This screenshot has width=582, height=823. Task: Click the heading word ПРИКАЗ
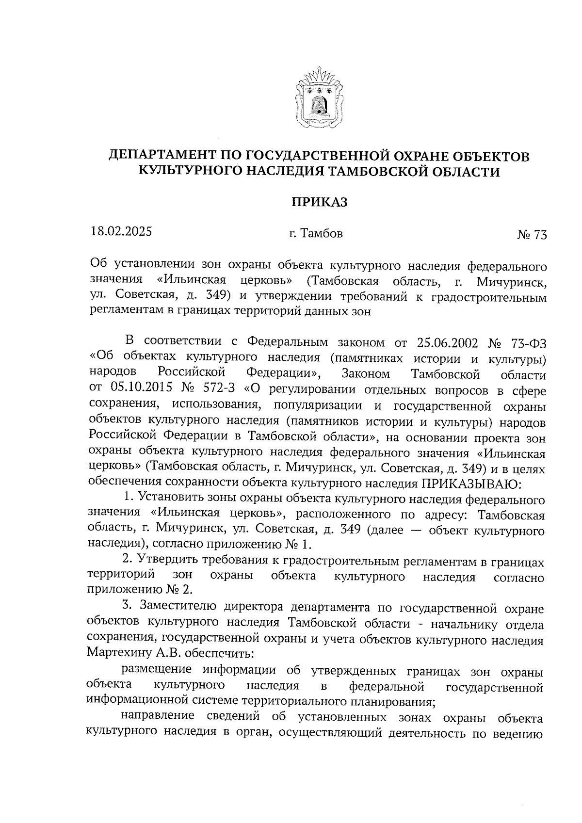tap(319, 202)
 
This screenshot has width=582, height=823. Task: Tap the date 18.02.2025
tap(121, 231)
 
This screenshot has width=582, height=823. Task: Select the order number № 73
tap(532, 235)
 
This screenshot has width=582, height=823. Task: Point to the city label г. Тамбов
tap(316, 234)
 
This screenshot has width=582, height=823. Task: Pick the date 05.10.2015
tap(139, 389)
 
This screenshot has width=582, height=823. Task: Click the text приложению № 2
tap(139, 590)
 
